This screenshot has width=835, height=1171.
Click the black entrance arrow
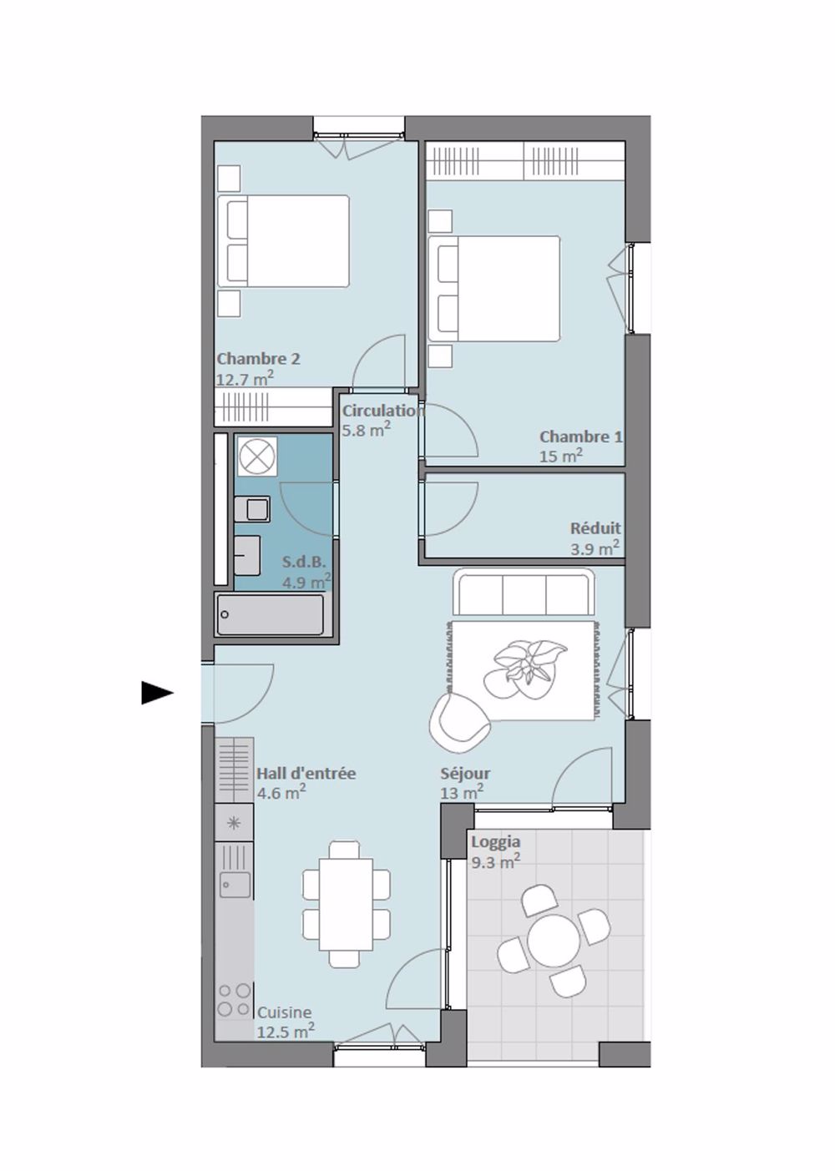(x=156, y=693)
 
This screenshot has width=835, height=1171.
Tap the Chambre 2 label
(x=258, y=359)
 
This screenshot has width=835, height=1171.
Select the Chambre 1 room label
(x=580, y=437)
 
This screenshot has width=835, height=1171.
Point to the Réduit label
(x=595, y=528)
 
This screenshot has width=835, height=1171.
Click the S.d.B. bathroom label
(x=303, y=562)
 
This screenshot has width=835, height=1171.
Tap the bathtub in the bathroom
(x=270, y=615)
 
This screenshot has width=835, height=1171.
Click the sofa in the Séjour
(x=524, y=593)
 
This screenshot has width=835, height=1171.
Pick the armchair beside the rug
(x=458, y=719)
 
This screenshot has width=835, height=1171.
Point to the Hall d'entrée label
(x=306, y=774)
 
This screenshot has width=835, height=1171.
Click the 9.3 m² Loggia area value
(x=495, y=862)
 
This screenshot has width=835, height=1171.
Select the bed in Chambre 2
(x=284, y=241)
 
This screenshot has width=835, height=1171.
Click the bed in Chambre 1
(x=493, y=289)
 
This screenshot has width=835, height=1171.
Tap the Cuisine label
(x=284, y=1012)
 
